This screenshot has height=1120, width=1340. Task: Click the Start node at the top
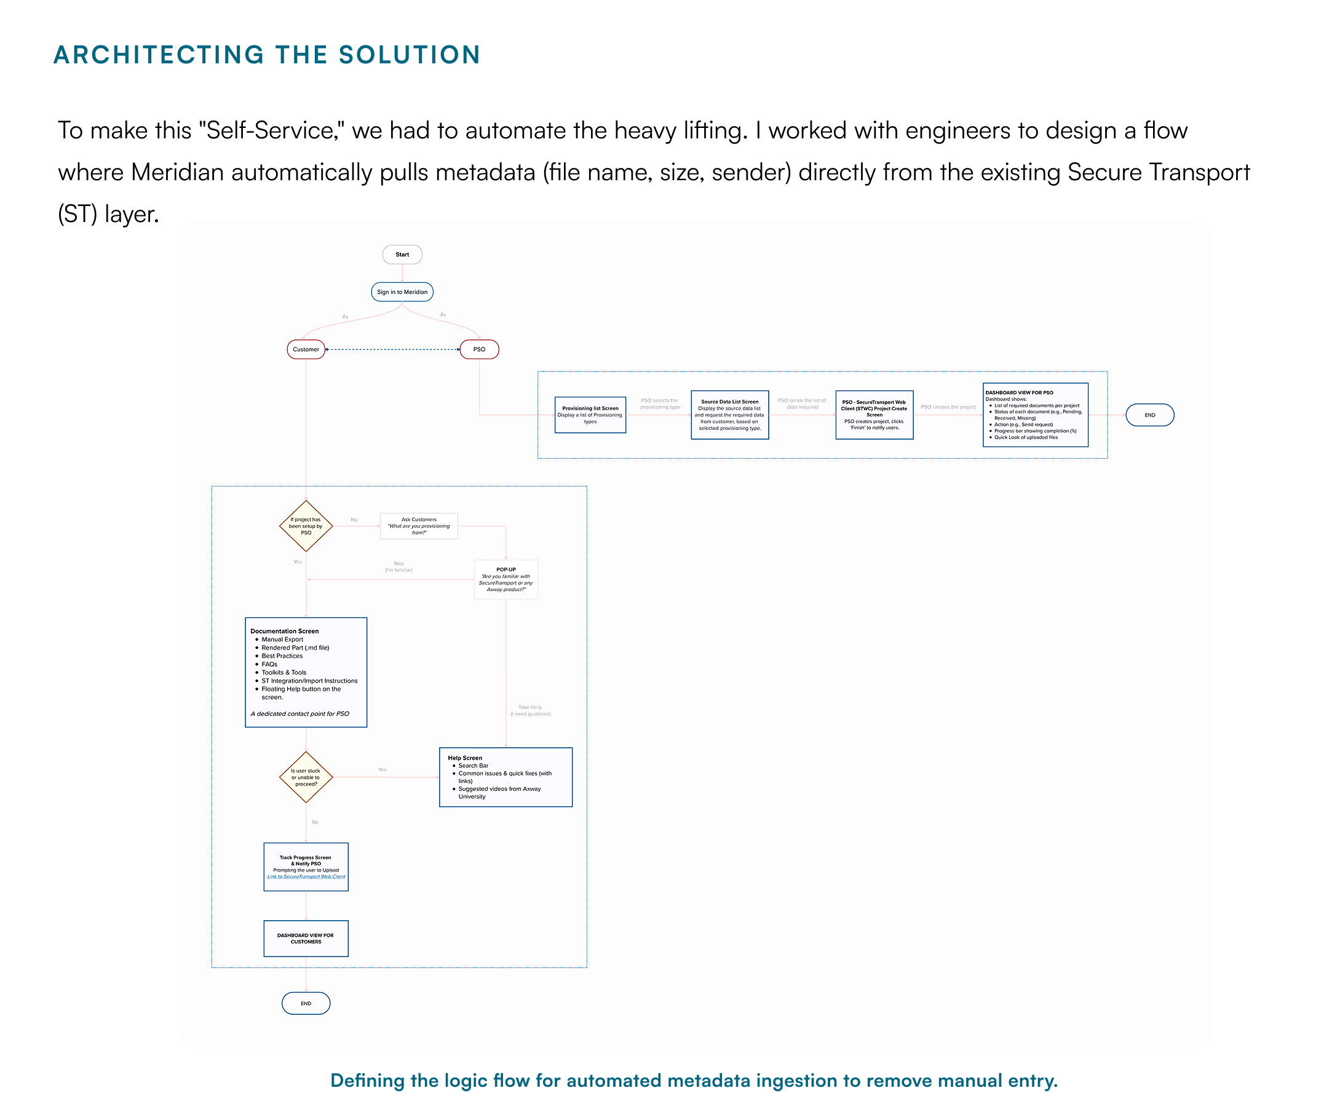tap(402, 255)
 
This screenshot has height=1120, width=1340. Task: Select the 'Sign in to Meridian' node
tap(402, 292)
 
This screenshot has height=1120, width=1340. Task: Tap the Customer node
tap(306, 350)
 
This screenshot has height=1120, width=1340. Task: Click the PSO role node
tap(479, 350)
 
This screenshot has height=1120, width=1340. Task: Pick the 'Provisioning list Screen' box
tap(590, 415)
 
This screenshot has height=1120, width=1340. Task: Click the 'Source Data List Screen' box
tap(729, 415)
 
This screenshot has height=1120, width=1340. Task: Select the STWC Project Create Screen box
tap(874, 415)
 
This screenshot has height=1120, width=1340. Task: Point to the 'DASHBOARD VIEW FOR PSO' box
tap(1035, 415)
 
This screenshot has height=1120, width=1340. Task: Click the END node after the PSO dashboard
tap(1150, 415)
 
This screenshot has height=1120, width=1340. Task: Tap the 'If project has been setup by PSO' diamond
tap(306, 526)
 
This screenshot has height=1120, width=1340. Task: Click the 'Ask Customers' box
tap(419, 526)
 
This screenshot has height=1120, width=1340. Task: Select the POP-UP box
tap(506, 579)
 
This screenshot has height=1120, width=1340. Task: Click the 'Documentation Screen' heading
tap(285, 631)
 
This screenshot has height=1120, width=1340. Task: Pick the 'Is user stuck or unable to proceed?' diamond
tap(306, 777)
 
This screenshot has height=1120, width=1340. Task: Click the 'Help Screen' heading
tap(465, 758)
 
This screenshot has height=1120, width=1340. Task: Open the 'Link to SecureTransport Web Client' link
tap(306, 877)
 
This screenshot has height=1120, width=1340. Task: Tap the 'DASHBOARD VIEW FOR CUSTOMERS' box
tap(306, 939)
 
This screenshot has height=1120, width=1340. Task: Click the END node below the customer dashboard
tap(306, 1004)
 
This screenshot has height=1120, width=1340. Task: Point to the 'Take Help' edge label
tap(529, 708)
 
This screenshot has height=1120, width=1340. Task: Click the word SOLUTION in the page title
tap(409, 55)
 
